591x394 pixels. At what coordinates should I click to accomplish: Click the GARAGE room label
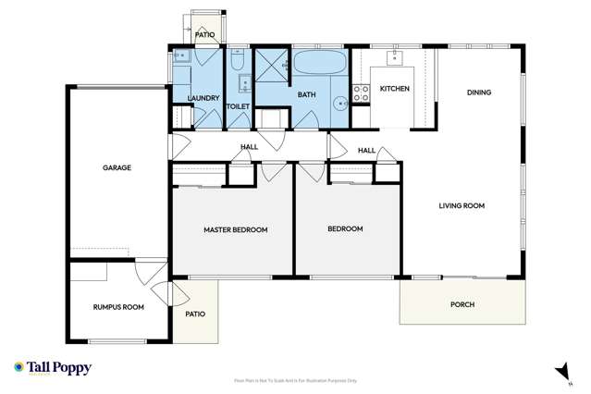coord(117,168)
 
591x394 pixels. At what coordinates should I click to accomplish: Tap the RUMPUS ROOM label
coord(117,306)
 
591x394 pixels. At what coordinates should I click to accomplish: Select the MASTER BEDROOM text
coord(235,229)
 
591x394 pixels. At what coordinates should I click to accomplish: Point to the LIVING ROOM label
coord(462,205)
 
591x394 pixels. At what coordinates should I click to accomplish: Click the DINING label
coord(479,92)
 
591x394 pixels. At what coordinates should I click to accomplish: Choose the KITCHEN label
coord(394,89)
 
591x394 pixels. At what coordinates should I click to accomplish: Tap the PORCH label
coord(462,304)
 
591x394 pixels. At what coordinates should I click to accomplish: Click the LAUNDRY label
coord(203,98)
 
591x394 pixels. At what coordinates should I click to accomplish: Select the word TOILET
coord(239,106)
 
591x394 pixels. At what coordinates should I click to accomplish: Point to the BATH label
coord(306,94)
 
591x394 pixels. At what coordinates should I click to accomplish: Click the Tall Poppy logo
coord(53,367)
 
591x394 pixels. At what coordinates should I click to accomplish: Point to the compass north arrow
coord(560,371)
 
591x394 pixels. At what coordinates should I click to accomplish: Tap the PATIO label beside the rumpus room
coord(194,314)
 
